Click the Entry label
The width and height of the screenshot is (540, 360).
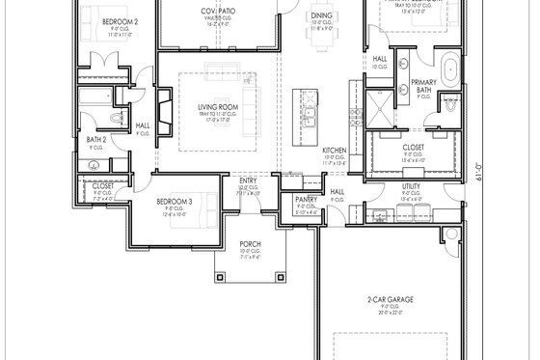pyautogui.click(x=248, y=180)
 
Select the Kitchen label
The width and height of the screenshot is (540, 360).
pyautogui.click(x=334, y=151)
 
